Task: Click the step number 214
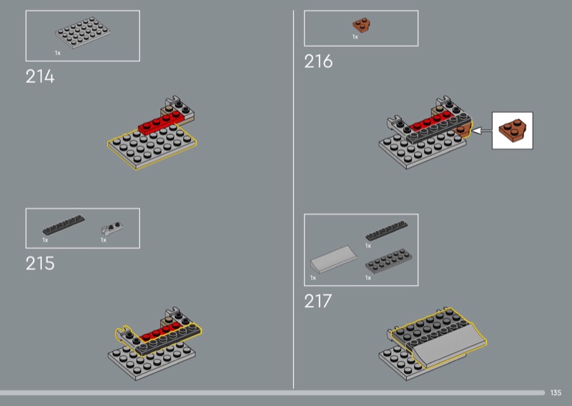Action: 40,76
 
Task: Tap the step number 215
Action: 40,263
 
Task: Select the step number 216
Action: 318,61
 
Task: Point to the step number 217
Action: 318,302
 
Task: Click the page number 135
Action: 556,392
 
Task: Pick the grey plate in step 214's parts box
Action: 83,32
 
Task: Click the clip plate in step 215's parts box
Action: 112,228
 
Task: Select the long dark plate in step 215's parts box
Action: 64,224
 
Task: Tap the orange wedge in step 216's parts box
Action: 362,25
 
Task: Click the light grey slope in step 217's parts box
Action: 334,259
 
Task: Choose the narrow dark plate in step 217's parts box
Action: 387,231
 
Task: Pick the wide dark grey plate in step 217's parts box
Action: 388,261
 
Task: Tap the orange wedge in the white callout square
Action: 513,130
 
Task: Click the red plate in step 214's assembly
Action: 161,123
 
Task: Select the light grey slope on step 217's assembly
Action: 450,345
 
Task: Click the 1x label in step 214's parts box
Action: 58,54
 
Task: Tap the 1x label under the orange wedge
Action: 355,37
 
